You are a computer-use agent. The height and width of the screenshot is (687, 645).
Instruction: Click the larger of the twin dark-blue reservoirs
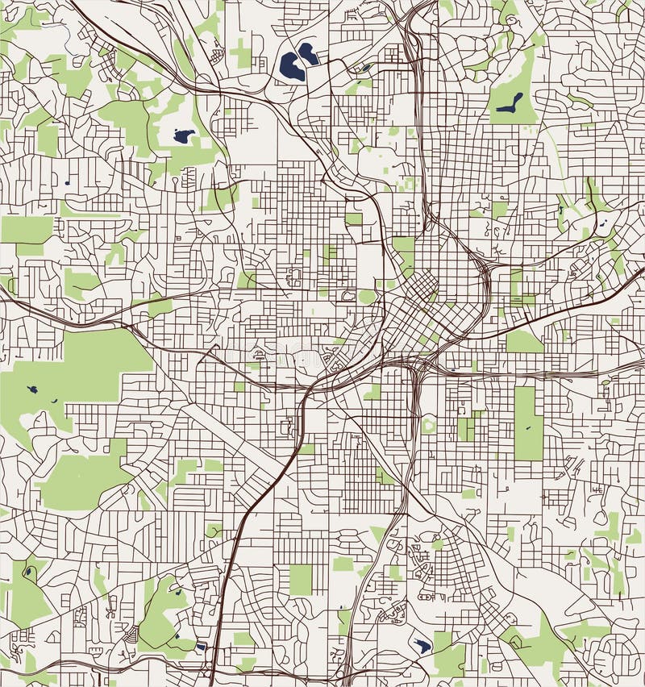(x=291, y=68)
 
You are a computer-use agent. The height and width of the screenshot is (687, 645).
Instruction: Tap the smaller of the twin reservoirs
(x=308, y=53)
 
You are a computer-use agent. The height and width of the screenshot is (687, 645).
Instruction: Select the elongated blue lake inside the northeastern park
(x=510, y=102)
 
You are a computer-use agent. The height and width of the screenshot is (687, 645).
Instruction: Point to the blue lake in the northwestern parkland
(x=184, y=135)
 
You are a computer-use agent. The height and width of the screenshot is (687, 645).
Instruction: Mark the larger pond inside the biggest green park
(x=33, y=389)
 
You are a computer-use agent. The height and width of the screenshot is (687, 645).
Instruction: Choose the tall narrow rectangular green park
(x=528, y=423)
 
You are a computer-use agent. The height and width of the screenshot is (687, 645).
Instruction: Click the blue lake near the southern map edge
(x=422, y=645)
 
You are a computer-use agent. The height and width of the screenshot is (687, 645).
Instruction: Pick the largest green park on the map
(x=73, y=371)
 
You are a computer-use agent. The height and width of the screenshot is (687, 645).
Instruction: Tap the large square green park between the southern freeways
(x=301, y=578)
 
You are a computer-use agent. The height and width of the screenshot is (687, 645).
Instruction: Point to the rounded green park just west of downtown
(x=367, y=297)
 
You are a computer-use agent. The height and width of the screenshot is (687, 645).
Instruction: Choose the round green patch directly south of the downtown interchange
(x=428, y=425)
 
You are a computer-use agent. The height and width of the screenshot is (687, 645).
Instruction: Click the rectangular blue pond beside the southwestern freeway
(x=201, y=645)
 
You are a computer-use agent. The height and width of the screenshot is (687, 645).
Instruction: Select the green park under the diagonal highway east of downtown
(x=524, y=342)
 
